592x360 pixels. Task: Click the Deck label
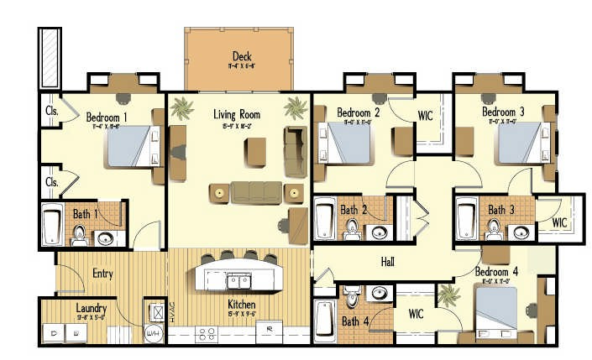pyautogui.click(x=242, y=56)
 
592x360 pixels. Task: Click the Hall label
pyautogui.click(x=387, y=262)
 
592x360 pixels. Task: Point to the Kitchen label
pyautogui.click(x=241, y=304)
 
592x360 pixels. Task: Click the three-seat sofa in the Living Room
pyautogui.click(x=258, y=192)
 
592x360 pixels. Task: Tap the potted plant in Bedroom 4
pyautogui.click(x=449, y=295)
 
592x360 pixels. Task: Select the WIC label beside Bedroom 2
pyautogui.click(x=425, y=115)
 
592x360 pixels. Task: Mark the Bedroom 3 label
pyautogui.click(x=503, y=112)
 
